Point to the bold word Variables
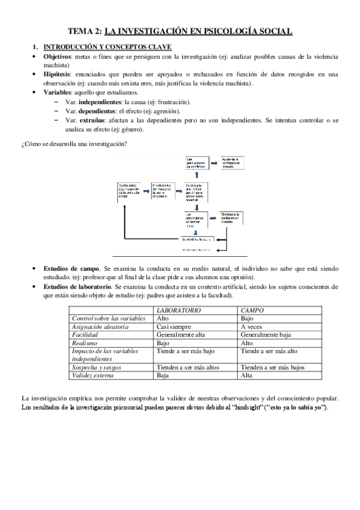(x=58, y=93)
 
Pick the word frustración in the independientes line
(x=172, y=102)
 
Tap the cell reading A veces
(x=252, y=326)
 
